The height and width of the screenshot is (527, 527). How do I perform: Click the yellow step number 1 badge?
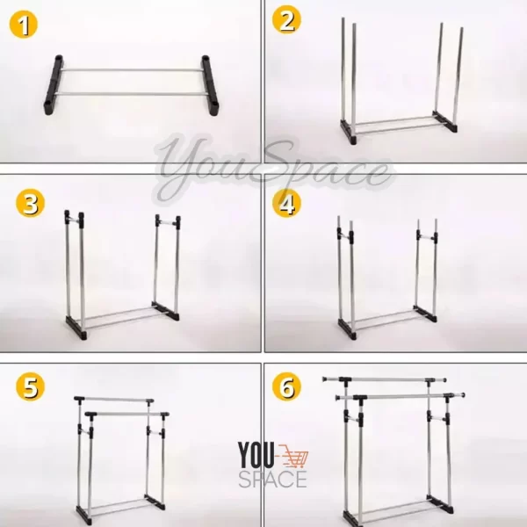[23, 25]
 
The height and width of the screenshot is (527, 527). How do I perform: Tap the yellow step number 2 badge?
[286, 20]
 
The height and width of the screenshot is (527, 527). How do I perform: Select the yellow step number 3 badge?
[30, 203]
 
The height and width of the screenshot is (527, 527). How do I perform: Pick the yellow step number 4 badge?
[286, 203]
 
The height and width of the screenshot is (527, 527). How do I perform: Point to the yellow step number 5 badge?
[30, 386]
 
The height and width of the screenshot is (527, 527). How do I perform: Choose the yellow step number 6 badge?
[286, 386]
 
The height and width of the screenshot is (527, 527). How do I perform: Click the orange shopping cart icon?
[293, 456]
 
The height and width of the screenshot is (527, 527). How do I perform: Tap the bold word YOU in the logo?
[256, 455]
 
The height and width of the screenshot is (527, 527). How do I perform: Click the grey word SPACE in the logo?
[272, 479]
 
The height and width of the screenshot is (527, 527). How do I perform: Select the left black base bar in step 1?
[53, 84]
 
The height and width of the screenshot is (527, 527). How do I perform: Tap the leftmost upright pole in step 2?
[343, 69]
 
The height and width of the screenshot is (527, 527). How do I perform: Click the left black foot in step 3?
[76, 328]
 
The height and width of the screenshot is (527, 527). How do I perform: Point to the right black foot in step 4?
[425, 314]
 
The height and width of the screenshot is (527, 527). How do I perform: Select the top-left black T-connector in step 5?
[80, 399]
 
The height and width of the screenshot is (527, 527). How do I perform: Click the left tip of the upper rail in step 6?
[323, 379]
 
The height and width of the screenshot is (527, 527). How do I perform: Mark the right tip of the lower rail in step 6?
[464, 395]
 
